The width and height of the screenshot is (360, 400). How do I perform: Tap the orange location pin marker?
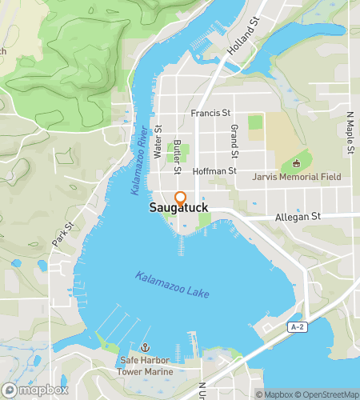[180, 199]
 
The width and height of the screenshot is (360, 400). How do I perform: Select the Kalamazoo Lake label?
[172, 286]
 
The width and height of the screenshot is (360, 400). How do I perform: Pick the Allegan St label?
[297, 216]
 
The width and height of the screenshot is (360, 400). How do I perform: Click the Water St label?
[158, 139]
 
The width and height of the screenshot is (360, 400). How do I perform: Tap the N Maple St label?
[350, 124]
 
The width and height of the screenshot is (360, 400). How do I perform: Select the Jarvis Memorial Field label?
[296, 177]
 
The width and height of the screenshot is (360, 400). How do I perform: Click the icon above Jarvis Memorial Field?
[296, 164]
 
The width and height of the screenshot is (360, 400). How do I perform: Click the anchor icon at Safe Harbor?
[145, 348]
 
